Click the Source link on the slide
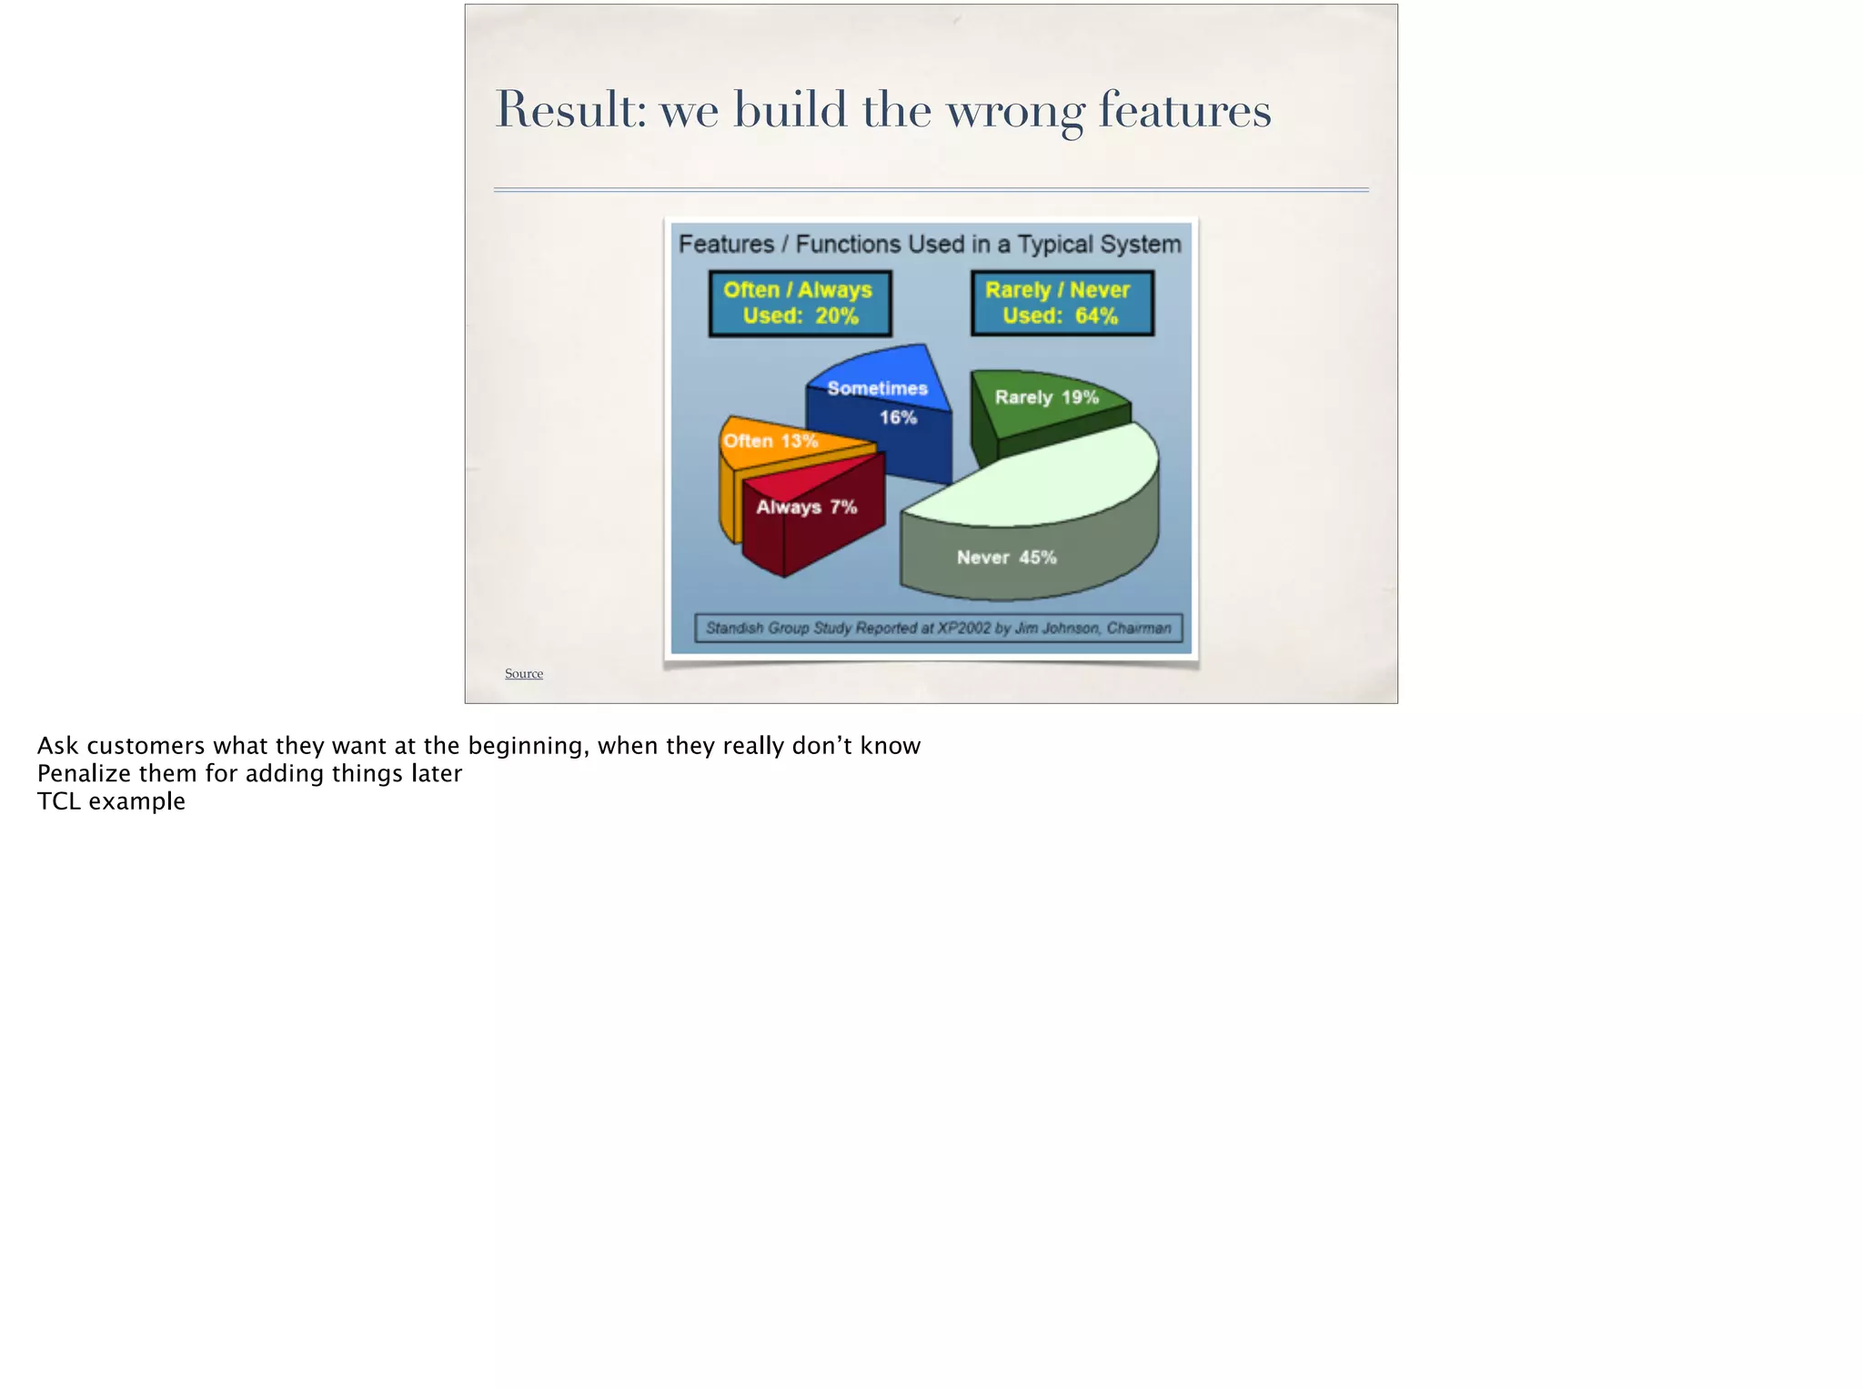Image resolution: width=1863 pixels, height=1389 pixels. coord(523,674)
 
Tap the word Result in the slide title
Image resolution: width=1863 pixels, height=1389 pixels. coord(569,110)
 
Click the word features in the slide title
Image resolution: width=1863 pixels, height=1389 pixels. coord(1184,110)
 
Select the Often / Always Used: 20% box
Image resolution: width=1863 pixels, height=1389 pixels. coord(800,304)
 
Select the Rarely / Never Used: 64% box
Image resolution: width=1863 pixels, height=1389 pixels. coord(1062,304)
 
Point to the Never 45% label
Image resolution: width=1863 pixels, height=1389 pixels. coord(1006,558)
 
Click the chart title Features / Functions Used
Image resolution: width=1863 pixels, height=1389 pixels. coord(930,245)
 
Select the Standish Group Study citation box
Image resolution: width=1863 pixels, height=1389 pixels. coord(938,629)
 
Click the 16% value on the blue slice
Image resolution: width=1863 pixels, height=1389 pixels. coord(898,418)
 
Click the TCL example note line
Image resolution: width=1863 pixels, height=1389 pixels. coord(111,801)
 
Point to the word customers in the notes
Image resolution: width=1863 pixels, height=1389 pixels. coord(146,746)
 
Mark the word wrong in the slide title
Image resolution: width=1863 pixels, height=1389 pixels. coord(1015,110)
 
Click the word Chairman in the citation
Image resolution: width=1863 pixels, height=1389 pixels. coord(1139,629)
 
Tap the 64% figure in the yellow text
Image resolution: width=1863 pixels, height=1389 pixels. coord(1096,317)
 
